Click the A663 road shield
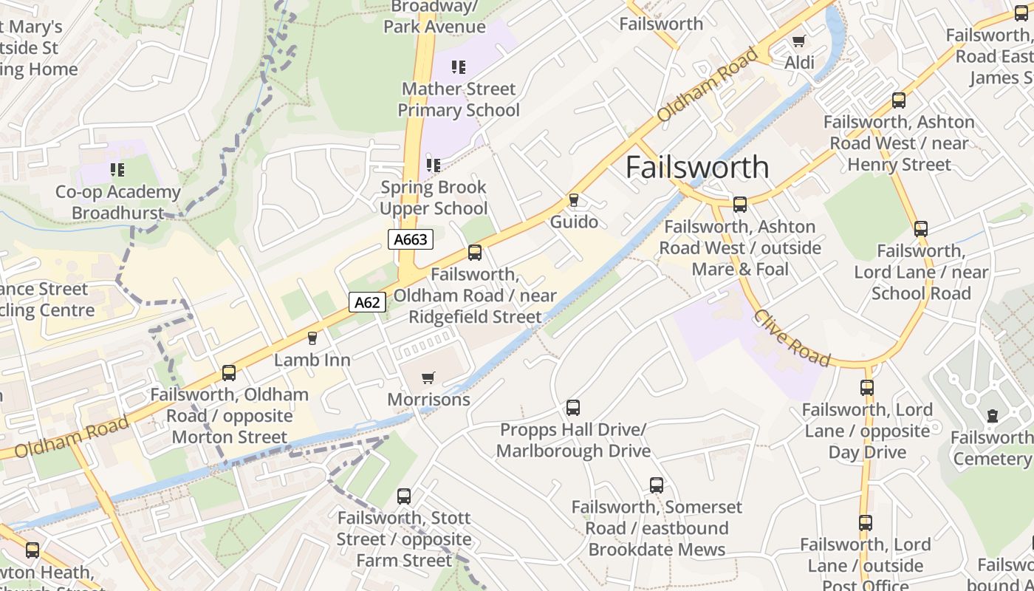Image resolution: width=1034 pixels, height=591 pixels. [x=410, y=239]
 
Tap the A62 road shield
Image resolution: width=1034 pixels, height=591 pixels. [x=367, y=301]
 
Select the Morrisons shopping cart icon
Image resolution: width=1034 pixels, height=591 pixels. [x=428, y=378]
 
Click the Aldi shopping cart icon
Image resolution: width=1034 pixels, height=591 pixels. [x=798, y=41]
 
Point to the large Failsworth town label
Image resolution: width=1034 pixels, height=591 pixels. [x=697, y=168]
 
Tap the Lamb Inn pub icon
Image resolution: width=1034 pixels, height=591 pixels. [x=312, y=338]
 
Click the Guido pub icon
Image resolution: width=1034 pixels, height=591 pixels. [x=573, y=200]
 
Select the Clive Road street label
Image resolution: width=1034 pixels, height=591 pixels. [x=792, y=338]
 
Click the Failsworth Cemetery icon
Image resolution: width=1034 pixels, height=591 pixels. [x=992, y=417]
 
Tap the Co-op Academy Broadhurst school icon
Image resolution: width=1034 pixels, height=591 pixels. [x=117, y=171]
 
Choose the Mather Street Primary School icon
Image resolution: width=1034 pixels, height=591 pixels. [x=459, y=68]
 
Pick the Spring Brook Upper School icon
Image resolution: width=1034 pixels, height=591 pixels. [x=434, y=165]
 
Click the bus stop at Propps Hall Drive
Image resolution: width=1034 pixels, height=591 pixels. [x=572, y=408]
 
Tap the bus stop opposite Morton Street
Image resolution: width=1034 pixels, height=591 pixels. [x=229, y=373]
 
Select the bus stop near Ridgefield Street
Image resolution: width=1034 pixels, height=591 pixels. [x=475, y=253]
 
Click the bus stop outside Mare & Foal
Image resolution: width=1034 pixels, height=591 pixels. [x=740, y=205]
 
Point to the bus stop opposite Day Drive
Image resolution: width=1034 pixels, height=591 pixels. [x=867, y=387]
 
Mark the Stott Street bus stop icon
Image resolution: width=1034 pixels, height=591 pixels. [x=404, y=496]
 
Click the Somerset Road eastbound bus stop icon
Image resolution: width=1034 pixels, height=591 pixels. [x=657, y=485]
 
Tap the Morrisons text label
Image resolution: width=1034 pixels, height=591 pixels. [x=428, y=400]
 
